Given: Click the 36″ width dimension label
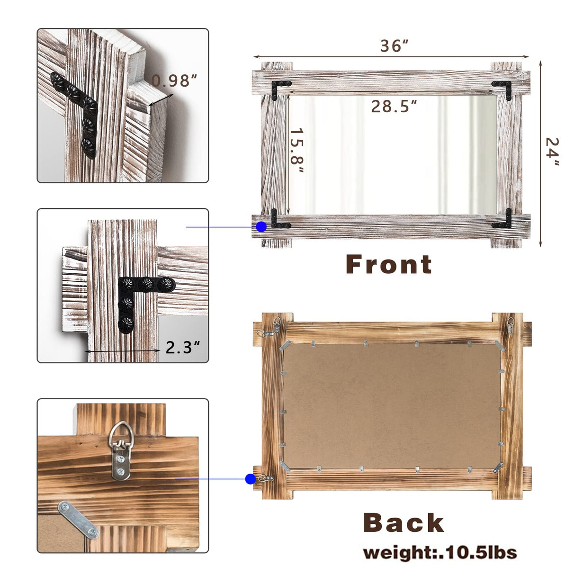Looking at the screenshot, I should coord(394,46).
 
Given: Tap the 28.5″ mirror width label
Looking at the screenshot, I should coord(394,106).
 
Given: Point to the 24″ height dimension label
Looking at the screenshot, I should coord(552,152).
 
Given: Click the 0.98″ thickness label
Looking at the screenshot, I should coord(174,81).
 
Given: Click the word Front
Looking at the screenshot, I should coord(389,264).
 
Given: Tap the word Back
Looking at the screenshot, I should coord(404,523).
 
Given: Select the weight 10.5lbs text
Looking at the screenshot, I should coord(440,553).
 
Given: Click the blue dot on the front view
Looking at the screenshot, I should coord(261,227).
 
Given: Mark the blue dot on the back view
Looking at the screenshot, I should coord(251,479).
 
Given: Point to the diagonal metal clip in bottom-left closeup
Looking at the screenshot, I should coord(78,520).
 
